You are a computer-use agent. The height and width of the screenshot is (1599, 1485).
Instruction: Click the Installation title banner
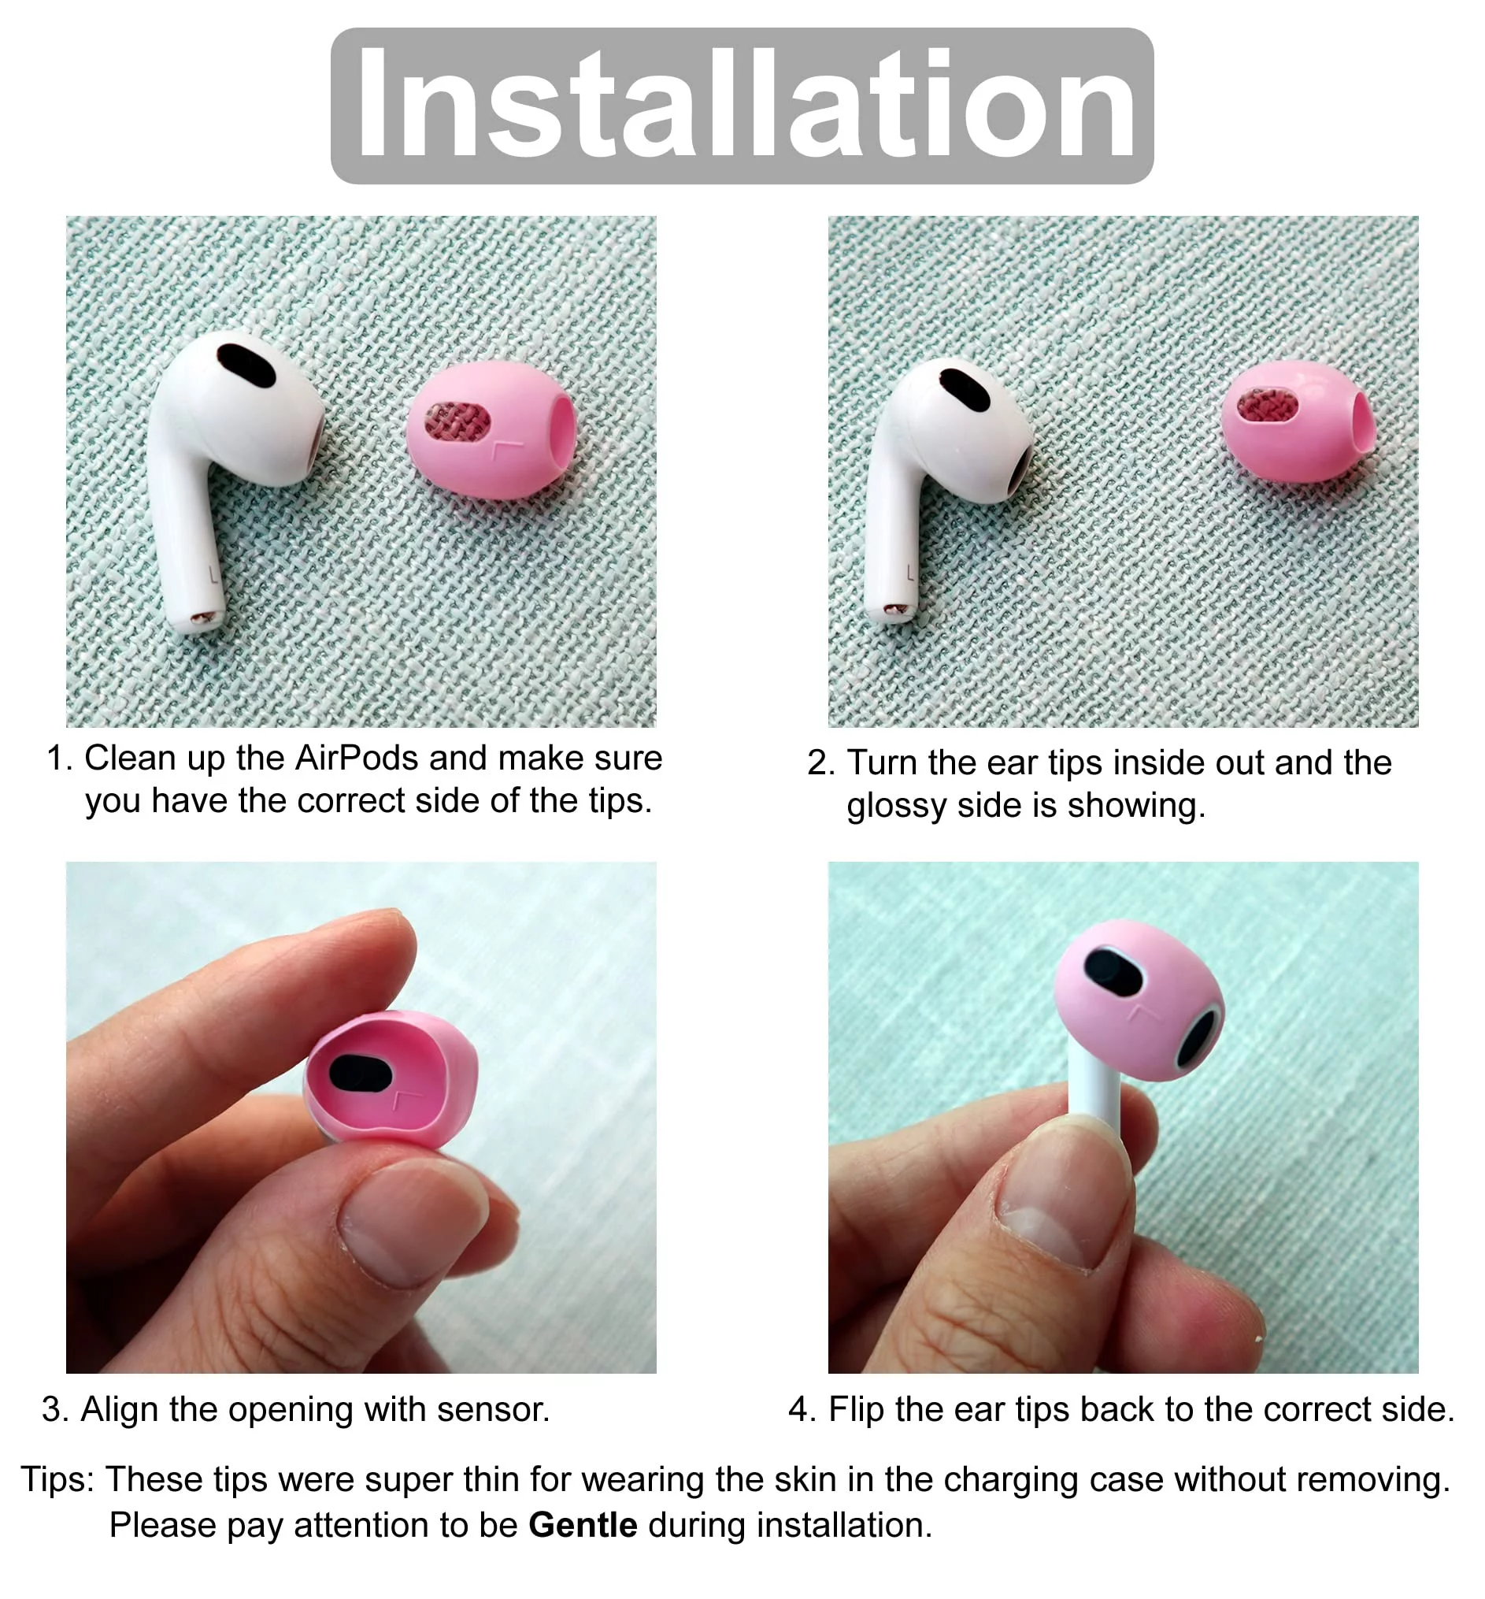point(742,106)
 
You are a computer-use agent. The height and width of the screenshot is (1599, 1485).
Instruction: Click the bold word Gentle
point(583,1525)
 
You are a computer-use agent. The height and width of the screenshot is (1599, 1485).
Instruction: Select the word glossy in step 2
point(894,807)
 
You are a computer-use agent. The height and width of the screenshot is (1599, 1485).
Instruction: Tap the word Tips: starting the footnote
point(57,1479)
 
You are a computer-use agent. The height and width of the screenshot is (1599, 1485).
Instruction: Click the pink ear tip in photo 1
point(491,429)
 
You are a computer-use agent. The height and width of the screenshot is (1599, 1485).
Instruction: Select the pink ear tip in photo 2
point(1298,421)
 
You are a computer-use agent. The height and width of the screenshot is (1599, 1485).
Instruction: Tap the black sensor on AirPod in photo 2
point(965,389)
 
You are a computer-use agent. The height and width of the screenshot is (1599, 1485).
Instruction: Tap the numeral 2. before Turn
point(821,763)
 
